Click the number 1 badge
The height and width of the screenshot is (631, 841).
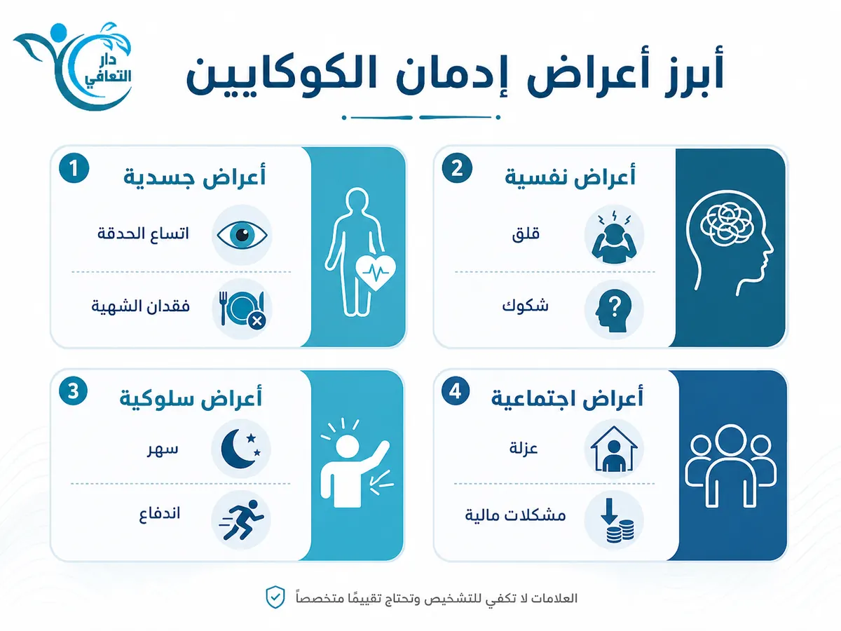tap(74, 168)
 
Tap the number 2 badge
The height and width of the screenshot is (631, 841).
tap(457, 168)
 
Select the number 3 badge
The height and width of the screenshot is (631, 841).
tap(73, 391)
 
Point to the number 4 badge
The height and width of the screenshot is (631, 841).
tap(456, 391)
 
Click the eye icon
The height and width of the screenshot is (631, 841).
tap(242, 235)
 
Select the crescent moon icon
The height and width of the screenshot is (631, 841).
tap(240, 448)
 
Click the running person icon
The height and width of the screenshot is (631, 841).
tap(241, 520)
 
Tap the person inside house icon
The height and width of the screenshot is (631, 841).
tap(614, 449)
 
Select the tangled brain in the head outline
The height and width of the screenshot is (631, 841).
tap(727, 224)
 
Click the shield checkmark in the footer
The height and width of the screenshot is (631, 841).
tap(275, 597)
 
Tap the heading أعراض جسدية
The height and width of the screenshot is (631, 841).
tap(195, 177)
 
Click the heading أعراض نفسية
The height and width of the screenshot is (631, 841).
tap(570, 177)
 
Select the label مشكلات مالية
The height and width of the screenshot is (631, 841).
tap(515, 515)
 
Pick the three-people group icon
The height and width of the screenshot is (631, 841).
tap(731, 466)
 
